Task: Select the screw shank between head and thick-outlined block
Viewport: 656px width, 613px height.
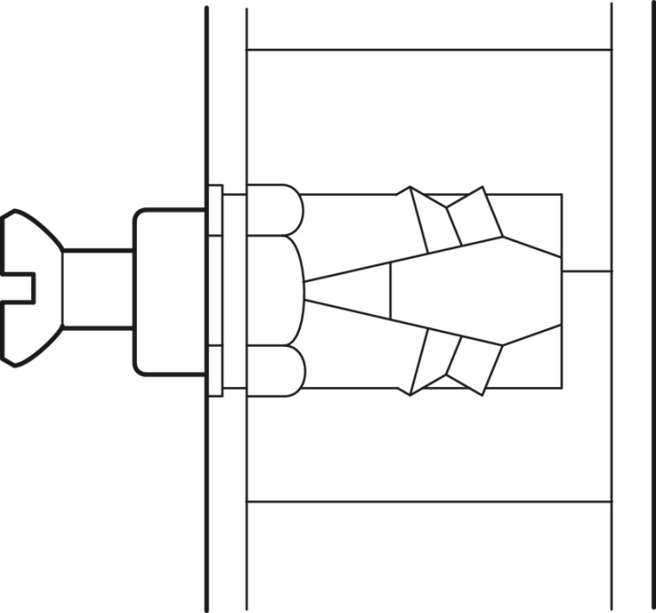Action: point(97,289)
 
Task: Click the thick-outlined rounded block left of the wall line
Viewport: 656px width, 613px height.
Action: point(169,291)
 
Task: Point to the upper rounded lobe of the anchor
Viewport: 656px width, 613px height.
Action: point(275,209)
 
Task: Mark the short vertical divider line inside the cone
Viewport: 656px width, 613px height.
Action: point(390,291)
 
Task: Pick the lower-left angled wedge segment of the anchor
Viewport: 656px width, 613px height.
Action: point(429,360)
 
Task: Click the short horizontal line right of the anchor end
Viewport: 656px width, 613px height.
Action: point(587,271)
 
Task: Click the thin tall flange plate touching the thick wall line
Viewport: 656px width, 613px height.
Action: point(215,291)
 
